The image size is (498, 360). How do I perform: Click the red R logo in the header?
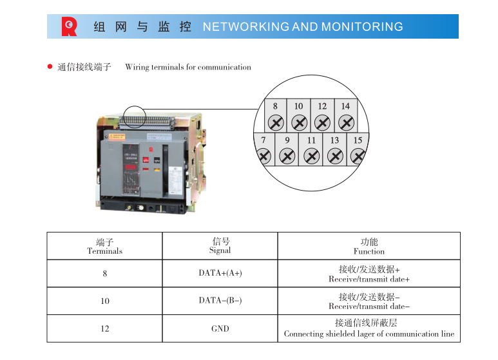(x=69, y=26)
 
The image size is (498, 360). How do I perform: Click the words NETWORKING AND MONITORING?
(x=303, y=27)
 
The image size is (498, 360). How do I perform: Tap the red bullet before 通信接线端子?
(x=50, y=66)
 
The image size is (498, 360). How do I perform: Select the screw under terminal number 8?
(x=276, y=123)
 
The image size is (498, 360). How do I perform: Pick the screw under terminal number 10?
(x=299, y=123)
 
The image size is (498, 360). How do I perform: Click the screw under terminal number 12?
(x=322, y=123)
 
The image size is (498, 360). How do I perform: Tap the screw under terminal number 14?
(x=346, y=123)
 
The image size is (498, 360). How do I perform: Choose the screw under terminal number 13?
(x=335, y=156)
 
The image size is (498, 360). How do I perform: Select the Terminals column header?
(x=104, y=246)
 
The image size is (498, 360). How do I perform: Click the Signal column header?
(x=220, y=246)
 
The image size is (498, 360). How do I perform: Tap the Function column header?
(x=369, y=246)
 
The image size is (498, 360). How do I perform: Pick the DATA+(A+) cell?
(x=220, y=273)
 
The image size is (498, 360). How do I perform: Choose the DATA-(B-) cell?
(x=220, y=301)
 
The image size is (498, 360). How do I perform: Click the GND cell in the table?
(x=220, y=328)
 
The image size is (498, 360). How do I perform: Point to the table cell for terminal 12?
(x=104, y=328)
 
